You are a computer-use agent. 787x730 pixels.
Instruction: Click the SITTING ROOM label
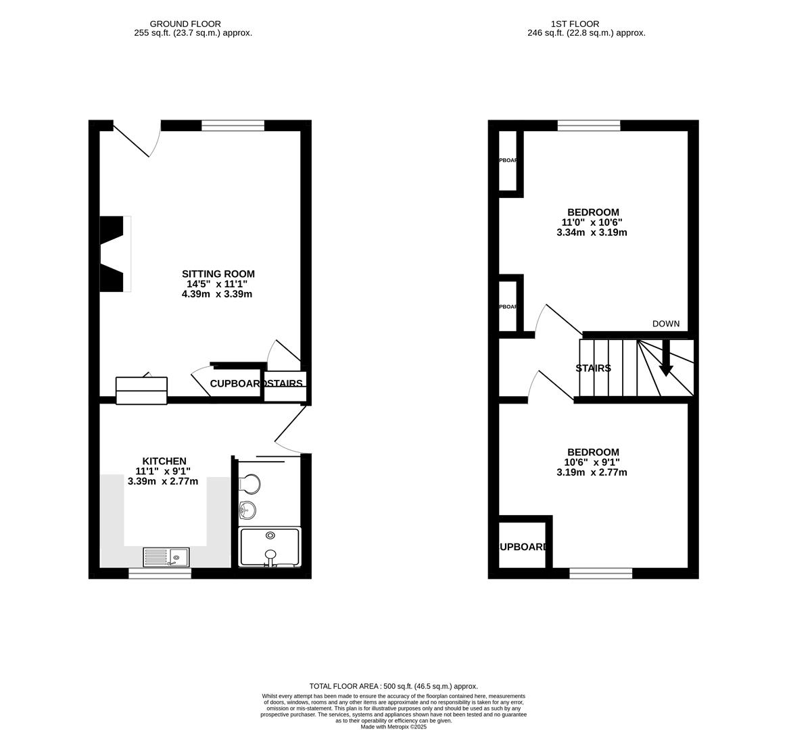[x=218, y=274]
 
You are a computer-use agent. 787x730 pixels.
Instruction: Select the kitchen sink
[x=166, y=557]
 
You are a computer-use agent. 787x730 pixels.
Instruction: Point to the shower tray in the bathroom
[x=270, y=547]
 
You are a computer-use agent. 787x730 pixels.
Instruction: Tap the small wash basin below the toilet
[x=247, y=510]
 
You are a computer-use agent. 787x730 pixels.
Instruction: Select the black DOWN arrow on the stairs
[x=666, y=358]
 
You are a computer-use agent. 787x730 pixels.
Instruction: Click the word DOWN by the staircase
[x=665, y=324]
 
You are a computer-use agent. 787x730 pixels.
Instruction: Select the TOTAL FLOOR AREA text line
[x=393, y=685]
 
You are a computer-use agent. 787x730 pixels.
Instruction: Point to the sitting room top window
[x=233, y=125]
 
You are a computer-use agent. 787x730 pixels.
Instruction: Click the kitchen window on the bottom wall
[x=160, y=573]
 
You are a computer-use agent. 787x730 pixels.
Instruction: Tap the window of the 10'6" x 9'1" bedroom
[x=600, y=573]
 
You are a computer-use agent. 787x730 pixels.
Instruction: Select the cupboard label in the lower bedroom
[x=523, y=547]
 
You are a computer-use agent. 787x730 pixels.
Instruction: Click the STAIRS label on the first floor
[x=593, y=368]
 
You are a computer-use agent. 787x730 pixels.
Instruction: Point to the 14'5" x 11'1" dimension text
[x=218, y=284]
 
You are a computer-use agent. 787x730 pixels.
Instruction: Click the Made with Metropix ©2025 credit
[x=393, y=727]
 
